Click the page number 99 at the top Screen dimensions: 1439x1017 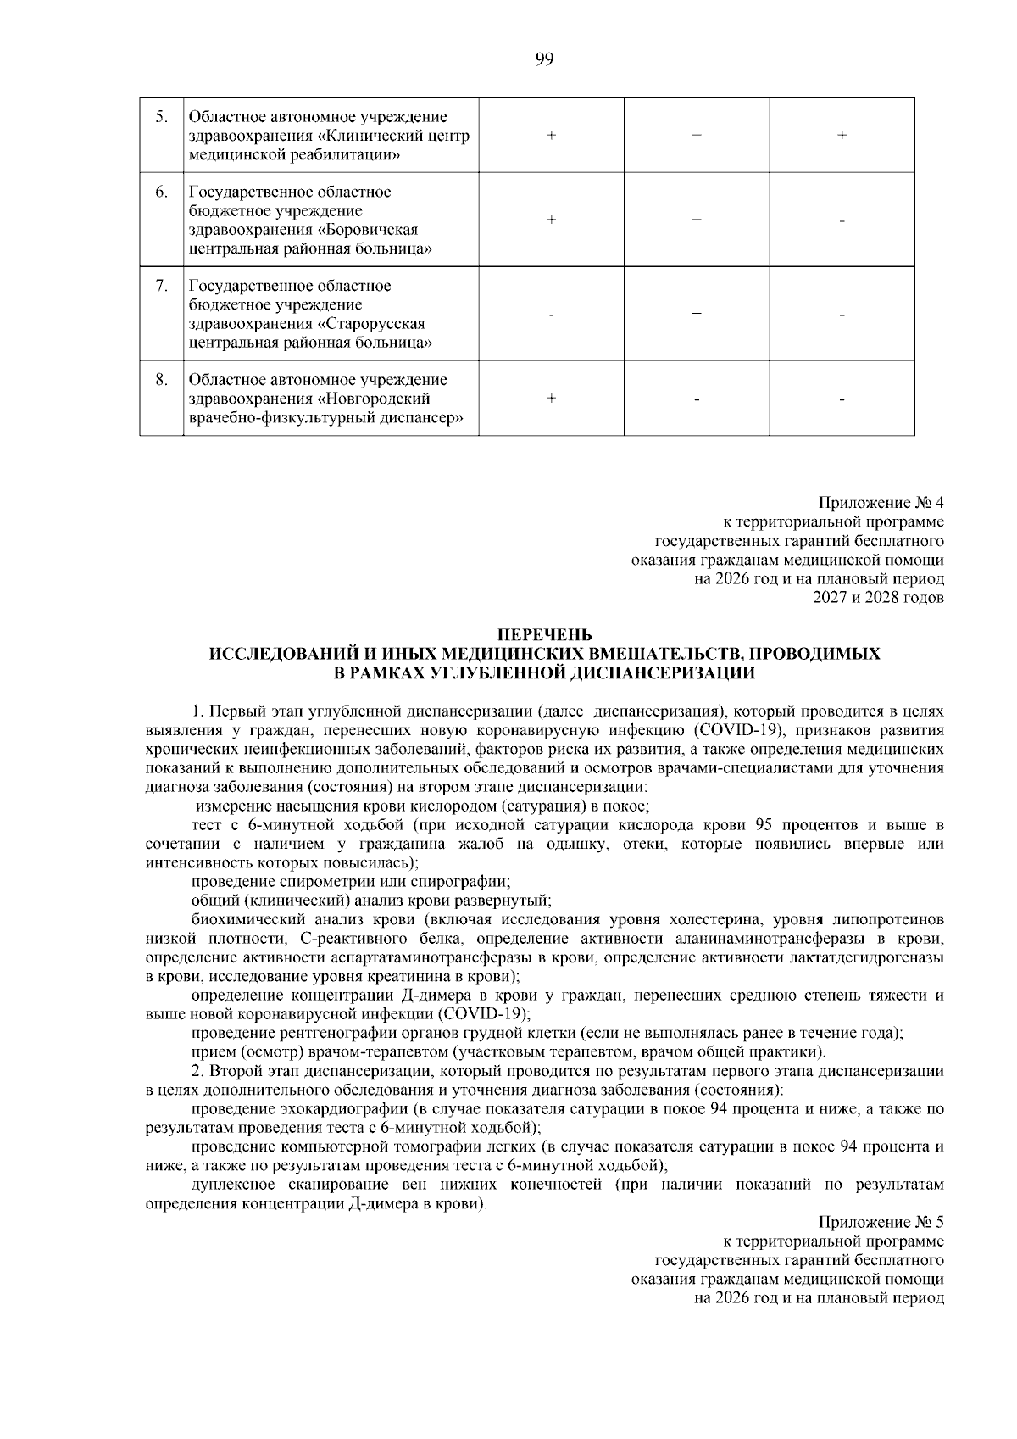(x=544, y=59)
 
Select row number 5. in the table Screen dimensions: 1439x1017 (x=161, y=117)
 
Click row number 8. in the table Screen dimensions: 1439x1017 (x=161, y=380)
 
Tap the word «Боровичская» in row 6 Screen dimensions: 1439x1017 (x=372, y=231)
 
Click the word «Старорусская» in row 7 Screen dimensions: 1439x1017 (x=375, y=324)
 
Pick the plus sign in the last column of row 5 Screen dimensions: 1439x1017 (x=842, y=136)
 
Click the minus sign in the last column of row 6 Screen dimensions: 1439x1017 (x=842, y=221)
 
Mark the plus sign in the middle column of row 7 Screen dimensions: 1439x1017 (x=697, y=314)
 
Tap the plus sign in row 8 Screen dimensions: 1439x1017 (x=552, y=399)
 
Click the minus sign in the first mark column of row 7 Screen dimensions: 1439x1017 (x=552, y=315)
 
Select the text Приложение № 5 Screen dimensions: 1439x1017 (x=881, y=1223)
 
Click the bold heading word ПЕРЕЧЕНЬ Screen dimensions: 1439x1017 (x=544, y=635)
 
